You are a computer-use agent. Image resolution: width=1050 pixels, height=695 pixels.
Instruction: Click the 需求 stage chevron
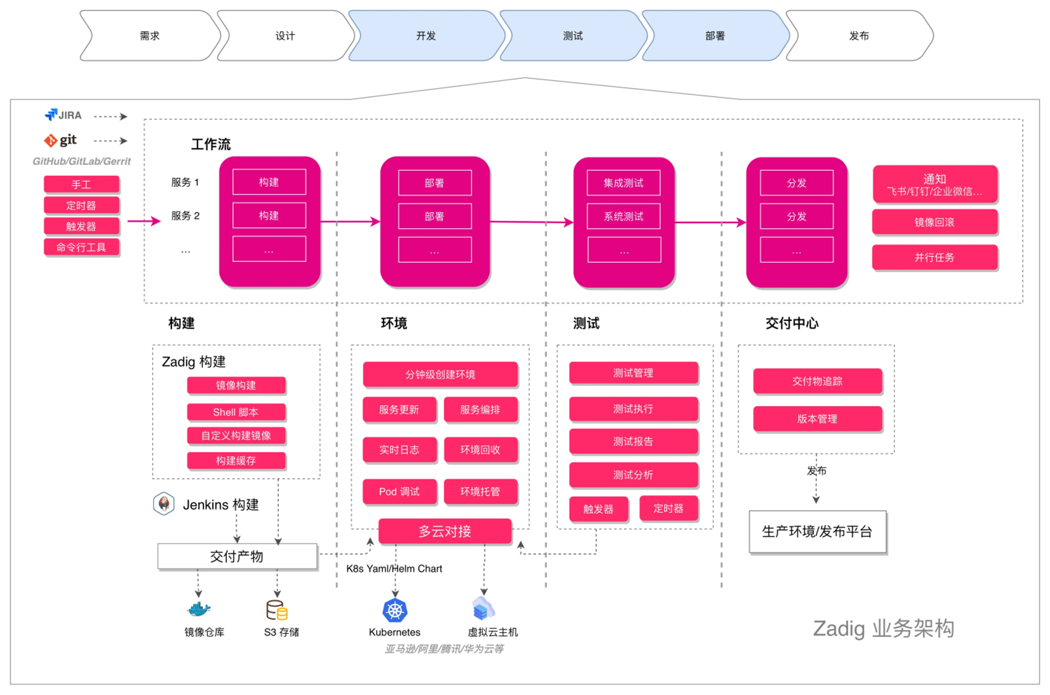[x=150, y=36]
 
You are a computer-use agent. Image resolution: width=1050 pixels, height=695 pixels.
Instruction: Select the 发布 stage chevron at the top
[x=859, y=36]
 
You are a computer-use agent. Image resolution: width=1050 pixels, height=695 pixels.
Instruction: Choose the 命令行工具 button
[x=81, y=247]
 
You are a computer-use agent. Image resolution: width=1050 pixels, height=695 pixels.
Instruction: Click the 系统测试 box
[x=624, y=216]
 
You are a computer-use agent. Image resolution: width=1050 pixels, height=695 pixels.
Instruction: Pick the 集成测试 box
[x=624, y=183]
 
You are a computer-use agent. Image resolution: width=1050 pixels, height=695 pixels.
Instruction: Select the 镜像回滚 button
[x=934, y=222]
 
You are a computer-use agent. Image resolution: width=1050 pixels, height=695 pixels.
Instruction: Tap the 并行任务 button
[x=934, y=257]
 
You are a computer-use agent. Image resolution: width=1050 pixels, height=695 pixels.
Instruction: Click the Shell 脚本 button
[x=236, y=412]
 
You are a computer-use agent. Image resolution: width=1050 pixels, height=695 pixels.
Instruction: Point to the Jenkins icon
[x=164, y=504]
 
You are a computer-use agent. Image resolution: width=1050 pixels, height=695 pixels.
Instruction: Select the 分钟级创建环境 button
[x=440, y=374]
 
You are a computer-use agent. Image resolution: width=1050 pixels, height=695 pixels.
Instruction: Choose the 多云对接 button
[x=445, y=531]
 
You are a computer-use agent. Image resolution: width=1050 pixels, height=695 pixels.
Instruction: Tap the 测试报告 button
[x=634, y=441]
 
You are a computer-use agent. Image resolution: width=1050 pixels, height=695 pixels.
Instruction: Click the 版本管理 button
[x=817, y=418]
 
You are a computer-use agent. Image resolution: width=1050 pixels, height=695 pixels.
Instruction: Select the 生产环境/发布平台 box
[x=817, y=532]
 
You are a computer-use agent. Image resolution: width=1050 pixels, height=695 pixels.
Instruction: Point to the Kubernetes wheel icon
[x=395, y=610]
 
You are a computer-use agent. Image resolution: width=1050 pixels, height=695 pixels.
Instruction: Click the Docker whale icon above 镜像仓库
[x=199, y=609]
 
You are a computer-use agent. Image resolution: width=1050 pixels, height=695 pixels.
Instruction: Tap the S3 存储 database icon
[x=277, y=610]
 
